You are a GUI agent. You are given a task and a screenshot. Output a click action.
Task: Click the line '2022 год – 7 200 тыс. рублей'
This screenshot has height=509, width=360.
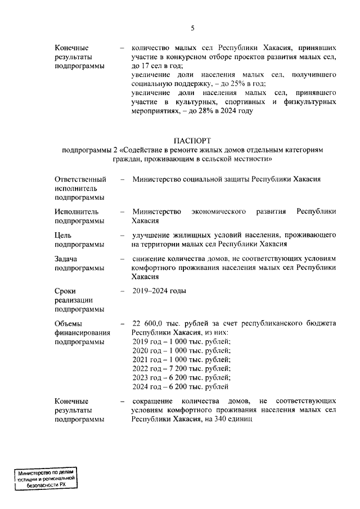[x=181, y=368]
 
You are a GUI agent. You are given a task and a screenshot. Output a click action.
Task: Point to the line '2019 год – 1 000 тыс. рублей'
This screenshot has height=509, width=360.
[x=181, y=341]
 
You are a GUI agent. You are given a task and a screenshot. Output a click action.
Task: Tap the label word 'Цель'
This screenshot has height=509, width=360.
[x=63, y=235]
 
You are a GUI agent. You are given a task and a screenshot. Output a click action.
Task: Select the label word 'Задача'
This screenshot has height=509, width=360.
[x=66, y=259]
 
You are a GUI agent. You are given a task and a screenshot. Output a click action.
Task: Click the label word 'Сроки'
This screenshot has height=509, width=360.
[x=65, y=291]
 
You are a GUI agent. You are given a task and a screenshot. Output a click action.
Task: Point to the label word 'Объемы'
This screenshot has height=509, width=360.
[x=69, y=323]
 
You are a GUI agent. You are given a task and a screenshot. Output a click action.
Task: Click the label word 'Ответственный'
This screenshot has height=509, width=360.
[x=80, y=179]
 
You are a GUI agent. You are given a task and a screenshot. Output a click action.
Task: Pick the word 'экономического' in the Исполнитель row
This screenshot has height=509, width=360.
[x=219, y=211]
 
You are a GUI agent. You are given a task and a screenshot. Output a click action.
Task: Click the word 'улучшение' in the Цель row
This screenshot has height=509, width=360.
[x=151, y=235]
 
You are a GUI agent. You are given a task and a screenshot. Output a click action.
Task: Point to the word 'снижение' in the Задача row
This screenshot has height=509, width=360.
[x=148, y=259]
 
